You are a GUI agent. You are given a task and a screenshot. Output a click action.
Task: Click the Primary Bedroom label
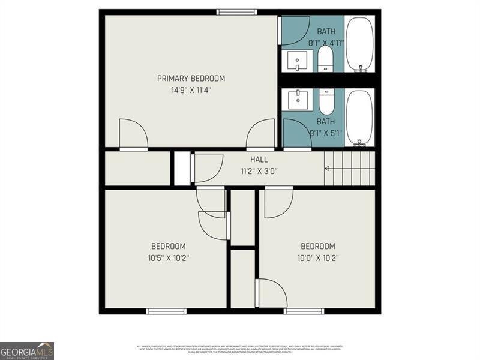191,78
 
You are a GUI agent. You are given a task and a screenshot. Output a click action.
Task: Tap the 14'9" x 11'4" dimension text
191,90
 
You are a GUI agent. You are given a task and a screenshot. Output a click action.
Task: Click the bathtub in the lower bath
359,118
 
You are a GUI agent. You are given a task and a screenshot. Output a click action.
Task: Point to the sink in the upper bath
297,60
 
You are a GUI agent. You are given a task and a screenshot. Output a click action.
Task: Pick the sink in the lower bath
297,99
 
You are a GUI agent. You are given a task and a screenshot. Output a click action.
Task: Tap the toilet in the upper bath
325,59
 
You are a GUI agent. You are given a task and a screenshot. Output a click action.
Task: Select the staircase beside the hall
349,169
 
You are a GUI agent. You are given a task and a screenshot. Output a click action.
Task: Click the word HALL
259,160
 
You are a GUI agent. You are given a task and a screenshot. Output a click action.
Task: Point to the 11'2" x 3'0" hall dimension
259,171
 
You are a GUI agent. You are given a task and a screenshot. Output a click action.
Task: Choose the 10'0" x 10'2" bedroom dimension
318,259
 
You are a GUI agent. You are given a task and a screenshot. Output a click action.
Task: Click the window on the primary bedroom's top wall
236,11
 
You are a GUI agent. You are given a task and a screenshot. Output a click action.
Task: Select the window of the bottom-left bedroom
167,311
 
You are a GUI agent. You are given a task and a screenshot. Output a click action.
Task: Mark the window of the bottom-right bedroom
304,311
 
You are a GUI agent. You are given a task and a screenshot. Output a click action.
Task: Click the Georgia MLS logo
27,350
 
